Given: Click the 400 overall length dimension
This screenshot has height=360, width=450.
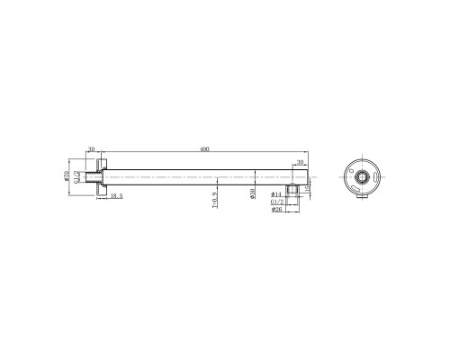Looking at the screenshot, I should tap(205, 150).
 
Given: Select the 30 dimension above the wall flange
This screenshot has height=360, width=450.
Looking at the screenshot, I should tap(91, 150).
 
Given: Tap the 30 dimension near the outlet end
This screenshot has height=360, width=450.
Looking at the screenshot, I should tap(299, 163).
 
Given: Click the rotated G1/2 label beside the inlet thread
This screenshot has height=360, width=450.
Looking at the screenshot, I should tap(77, 178).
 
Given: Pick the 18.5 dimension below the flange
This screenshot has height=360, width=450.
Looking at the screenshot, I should tap(116, 195).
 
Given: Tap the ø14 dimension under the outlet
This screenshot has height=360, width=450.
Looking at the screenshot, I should tap(276, 194).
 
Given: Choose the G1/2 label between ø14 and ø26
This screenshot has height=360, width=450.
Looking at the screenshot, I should tap(277, 202).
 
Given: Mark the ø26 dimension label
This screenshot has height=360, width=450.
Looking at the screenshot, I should tap(276, 211).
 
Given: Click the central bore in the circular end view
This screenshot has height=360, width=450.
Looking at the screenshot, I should tap(362, 176).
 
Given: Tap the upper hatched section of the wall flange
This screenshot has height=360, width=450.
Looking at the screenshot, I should tap(104, 164).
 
